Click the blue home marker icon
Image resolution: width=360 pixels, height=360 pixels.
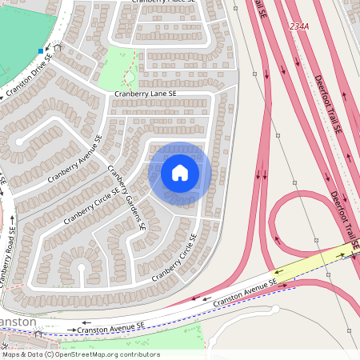coord(180,173)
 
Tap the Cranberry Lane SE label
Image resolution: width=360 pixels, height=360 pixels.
coord(145,94)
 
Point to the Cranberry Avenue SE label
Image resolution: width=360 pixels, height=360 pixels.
coord(75,158)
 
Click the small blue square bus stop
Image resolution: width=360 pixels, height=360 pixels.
coord(40,51)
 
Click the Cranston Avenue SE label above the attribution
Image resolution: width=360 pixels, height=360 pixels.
coord(111,326)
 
